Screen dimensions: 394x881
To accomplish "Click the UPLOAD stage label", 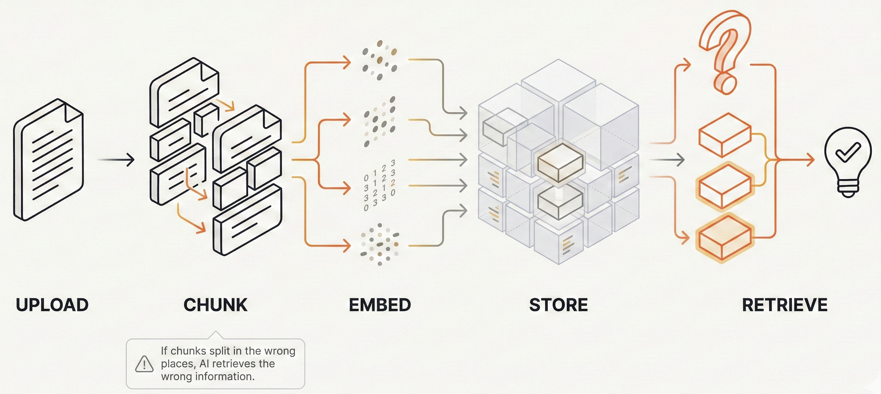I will [x=52, y=305].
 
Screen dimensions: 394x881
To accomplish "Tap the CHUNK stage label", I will [x=215, y=305].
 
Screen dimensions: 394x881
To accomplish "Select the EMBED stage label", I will [x=380, y=305].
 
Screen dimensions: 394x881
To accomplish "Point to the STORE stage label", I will [x=558, y=305].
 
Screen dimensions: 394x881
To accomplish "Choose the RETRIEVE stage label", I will [x=785, y=305].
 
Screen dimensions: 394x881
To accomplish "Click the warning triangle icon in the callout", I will [x=144, y=364].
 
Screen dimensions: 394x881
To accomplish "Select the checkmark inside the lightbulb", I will [x=848, y=152].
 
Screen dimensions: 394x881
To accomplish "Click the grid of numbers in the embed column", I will [x=379, y=185].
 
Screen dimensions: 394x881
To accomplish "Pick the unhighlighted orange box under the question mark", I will [x=725, y=135].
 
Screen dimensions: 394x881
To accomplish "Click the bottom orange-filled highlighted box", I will [x=725, y=237].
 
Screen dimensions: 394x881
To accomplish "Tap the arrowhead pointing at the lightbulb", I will [x=810, y=160].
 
